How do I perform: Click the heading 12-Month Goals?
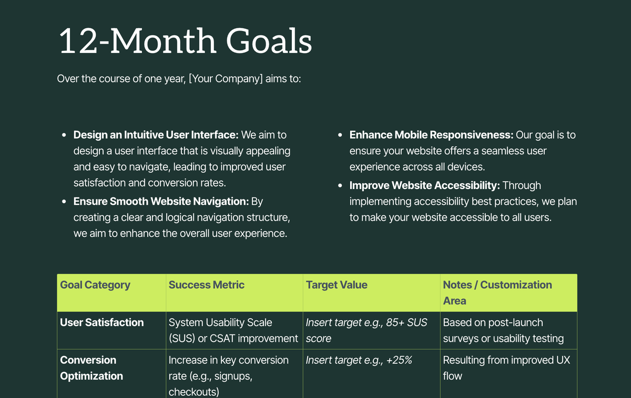click(185, 41)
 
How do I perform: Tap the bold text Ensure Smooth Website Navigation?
click(161, 201)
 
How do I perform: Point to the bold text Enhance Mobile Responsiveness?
click(431, 135)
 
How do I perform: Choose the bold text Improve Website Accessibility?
click(424, 185)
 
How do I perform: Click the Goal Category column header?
click(95, 285)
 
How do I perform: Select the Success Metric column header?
click(207, 285)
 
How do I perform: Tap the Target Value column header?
click(337, 285)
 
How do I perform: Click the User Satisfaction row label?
click(102, 322)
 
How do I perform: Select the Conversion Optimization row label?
click(91, 368)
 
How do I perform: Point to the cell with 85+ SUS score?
click(367, 330)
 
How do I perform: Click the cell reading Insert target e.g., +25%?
click(359, 360)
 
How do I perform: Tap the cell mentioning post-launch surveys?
click(503, 330)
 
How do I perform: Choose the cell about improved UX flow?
click(506, 368)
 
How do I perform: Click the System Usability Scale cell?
click(233, 330)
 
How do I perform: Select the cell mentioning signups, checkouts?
click(228, 375)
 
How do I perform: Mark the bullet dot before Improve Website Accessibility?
click(340, 186)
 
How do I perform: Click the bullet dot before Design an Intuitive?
click(64, 135)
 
